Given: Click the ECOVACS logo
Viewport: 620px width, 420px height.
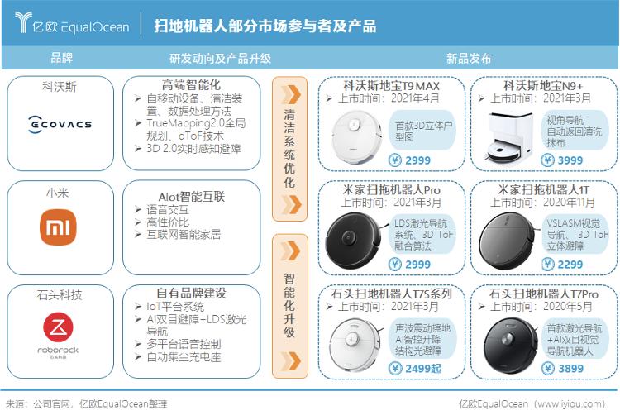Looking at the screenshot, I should coord(60,125).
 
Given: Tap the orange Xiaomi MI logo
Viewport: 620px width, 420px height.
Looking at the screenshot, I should coord(59,227).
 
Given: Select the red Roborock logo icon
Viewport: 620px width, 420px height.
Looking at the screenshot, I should coord(59,325).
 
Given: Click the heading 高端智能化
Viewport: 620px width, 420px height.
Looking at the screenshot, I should coord(191,85).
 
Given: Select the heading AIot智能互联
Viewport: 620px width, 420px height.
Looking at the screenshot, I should coord(191,196).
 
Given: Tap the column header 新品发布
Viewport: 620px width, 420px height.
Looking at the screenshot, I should coord(468,59).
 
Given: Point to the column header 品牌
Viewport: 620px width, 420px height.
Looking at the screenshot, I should coord(61,59).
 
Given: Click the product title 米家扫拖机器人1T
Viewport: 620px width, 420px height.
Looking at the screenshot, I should coord(543,189).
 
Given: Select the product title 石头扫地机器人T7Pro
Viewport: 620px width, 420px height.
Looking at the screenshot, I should coord(543,294).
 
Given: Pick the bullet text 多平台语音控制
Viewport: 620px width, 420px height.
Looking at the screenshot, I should coord(184,343).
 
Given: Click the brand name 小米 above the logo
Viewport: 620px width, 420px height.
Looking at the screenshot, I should coord(59,193).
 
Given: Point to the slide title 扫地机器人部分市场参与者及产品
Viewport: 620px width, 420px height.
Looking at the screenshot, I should coord(265,26).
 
